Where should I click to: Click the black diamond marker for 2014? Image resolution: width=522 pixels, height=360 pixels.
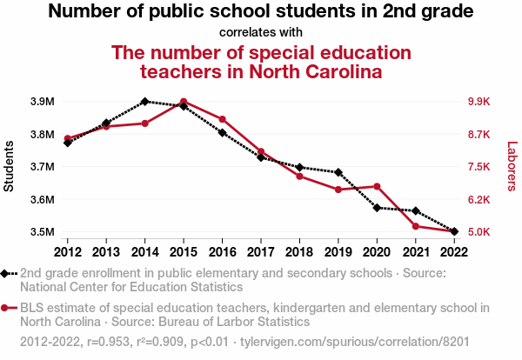click(x=144, y=102)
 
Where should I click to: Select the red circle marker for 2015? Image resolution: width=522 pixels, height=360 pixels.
click(x=184, y=102)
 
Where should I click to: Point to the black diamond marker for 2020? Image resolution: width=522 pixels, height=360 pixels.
click(x=377, y=208)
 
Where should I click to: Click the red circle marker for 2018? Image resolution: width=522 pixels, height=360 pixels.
click(x=299, y=177)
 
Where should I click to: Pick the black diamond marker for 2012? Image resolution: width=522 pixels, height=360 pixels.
click(x=68, y=143)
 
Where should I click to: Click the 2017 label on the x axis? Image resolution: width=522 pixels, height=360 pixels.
click(x=261, y=251)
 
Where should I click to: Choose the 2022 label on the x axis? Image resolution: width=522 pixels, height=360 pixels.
click(x=453, y=251)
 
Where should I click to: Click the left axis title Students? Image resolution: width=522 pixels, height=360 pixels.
click(x=10, y=167)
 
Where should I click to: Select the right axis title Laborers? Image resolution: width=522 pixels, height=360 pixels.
click(x=512, y=167)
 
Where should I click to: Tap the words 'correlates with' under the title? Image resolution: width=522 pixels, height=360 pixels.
click(x=261, y=33)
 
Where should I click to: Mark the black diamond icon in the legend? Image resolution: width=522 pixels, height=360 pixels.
click(x=6, y=273)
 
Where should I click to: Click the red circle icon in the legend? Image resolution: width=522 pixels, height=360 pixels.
click(x=6, y=308)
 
